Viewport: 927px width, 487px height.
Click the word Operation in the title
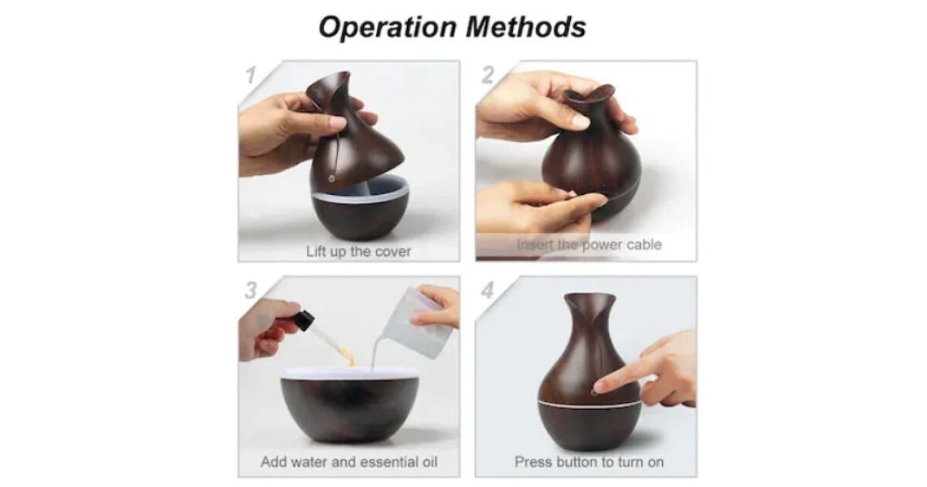387,27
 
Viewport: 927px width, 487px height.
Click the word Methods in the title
526,27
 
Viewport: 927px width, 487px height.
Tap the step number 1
251,76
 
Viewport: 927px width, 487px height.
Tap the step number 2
488,75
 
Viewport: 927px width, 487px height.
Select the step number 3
251,291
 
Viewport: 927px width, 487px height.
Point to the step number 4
488,291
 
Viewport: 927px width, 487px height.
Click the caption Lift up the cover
358,251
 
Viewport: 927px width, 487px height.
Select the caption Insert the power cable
589,245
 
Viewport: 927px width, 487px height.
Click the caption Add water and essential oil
349,461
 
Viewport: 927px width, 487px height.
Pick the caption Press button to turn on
589,461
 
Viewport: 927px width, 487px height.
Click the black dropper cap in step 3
304,320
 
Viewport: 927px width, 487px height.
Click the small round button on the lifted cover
331,179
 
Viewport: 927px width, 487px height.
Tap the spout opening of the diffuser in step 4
589,298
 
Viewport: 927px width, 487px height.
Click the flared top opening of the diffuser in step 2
588,95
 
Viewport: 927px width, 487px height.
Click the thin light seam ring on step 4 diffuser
589,403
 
